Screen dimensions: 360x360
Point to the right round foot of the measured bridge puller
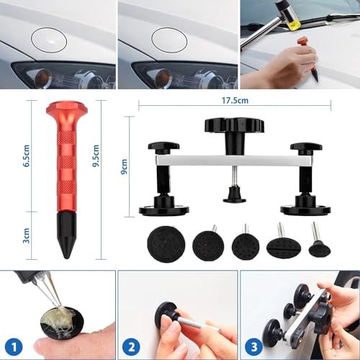click(305, 208)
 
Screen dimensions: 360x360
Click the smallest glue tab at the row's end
click(318, 247)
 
